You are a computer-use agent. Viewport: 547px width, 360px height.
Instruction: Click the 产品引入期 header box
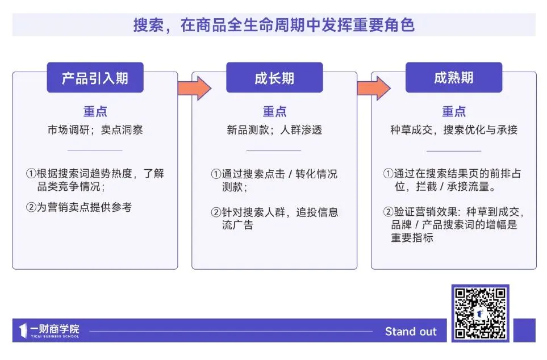95,78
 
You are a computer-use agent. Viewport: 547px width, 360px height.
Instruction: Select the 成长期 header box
274,78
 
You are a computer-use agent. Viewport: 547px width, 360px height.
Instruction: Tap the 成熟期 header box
453,78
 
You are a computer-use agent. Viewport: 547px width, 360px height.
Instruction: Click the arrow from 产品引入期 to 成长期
194,88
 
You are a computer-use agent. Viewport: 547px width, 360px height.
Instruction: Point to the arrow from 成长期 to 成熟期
373,88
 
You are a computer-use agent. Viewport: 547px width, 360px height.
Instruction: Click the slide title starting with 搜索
274,25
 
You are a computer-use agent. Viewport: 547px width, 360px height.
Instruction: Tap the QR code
480,313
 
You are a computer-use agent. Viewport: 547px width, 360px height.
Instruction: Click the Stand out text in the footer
411,332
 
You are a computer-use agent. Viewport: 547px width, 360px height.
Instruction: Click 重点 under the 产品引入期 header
95,112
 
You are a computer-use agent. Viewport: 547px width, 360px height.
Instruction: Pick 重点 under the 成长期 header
274,112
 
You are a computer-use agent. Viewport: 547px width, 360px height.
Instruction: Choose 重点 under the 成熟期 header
453,112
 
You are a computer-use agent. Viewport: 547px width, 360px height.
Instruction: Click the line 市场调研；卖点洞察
95,130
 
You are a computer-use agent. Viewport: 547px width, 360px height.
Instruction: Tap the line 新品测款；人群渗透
274,130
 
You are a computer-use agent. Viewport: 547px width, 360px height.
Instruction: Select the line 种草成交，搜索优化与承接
453,130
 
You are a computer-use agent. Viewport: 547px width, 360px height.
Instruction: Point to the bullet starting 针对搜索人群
274,219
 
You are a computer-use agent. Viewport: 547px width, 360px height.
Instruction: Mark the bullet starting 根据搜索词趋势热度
95,180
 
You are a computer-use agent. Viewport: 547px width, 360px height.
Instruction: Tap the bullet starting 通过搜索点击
274,180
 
